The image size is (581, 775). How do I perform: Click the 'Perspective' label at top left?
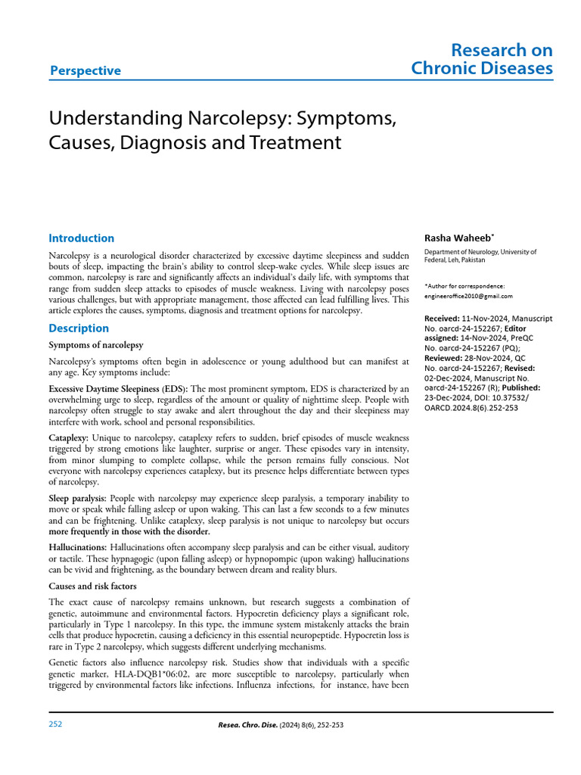click(x=85, y=70)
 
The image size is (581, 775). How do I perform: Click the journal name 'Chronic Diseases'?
click(x=481, y=69)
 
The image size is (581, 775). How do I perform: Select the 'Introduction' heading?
click(x=81, y=238)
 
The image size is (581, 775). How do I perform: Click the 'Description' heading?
click(x=79, y=328)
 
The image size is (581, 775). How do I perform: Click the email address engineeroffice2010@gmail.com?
click(x=468, y=296)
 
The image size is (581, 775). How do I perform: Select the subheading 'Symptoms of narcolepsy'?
click(x=95, y=345)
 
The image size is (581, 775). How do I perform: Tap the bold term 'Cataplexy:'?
click(x=69, y=438)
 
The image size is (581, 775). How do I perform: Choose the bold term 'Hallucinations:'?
click(x=78, y=546)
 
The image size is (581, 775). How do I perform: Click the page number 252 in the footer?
click(x=55, y=724)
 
